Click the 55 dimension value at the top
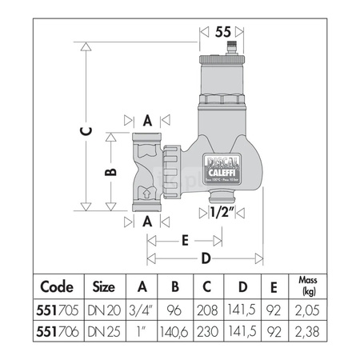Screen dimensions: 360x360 pos(224,31)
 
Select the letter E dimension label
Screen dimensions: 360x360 pos(185,238)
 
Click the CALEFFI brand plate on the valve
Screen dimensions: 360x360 pos(219,161)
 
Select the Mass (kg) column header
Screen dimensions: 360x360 pos(307,286)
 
